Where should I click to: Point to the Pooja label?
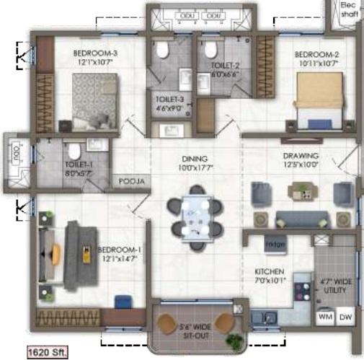pos(129,182)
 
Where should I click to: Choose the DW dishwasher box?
pos(345,317)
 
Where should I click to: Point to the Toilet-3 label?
pos(170,100)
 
